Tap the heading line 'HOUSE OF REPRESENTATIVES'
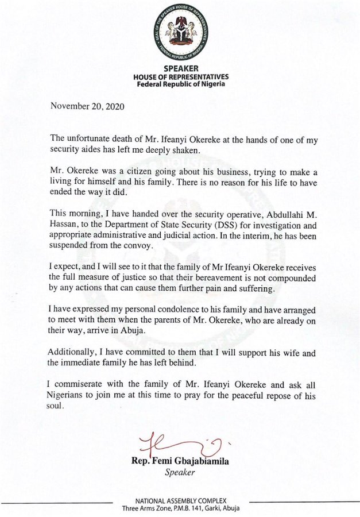(x=180, y=76)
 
